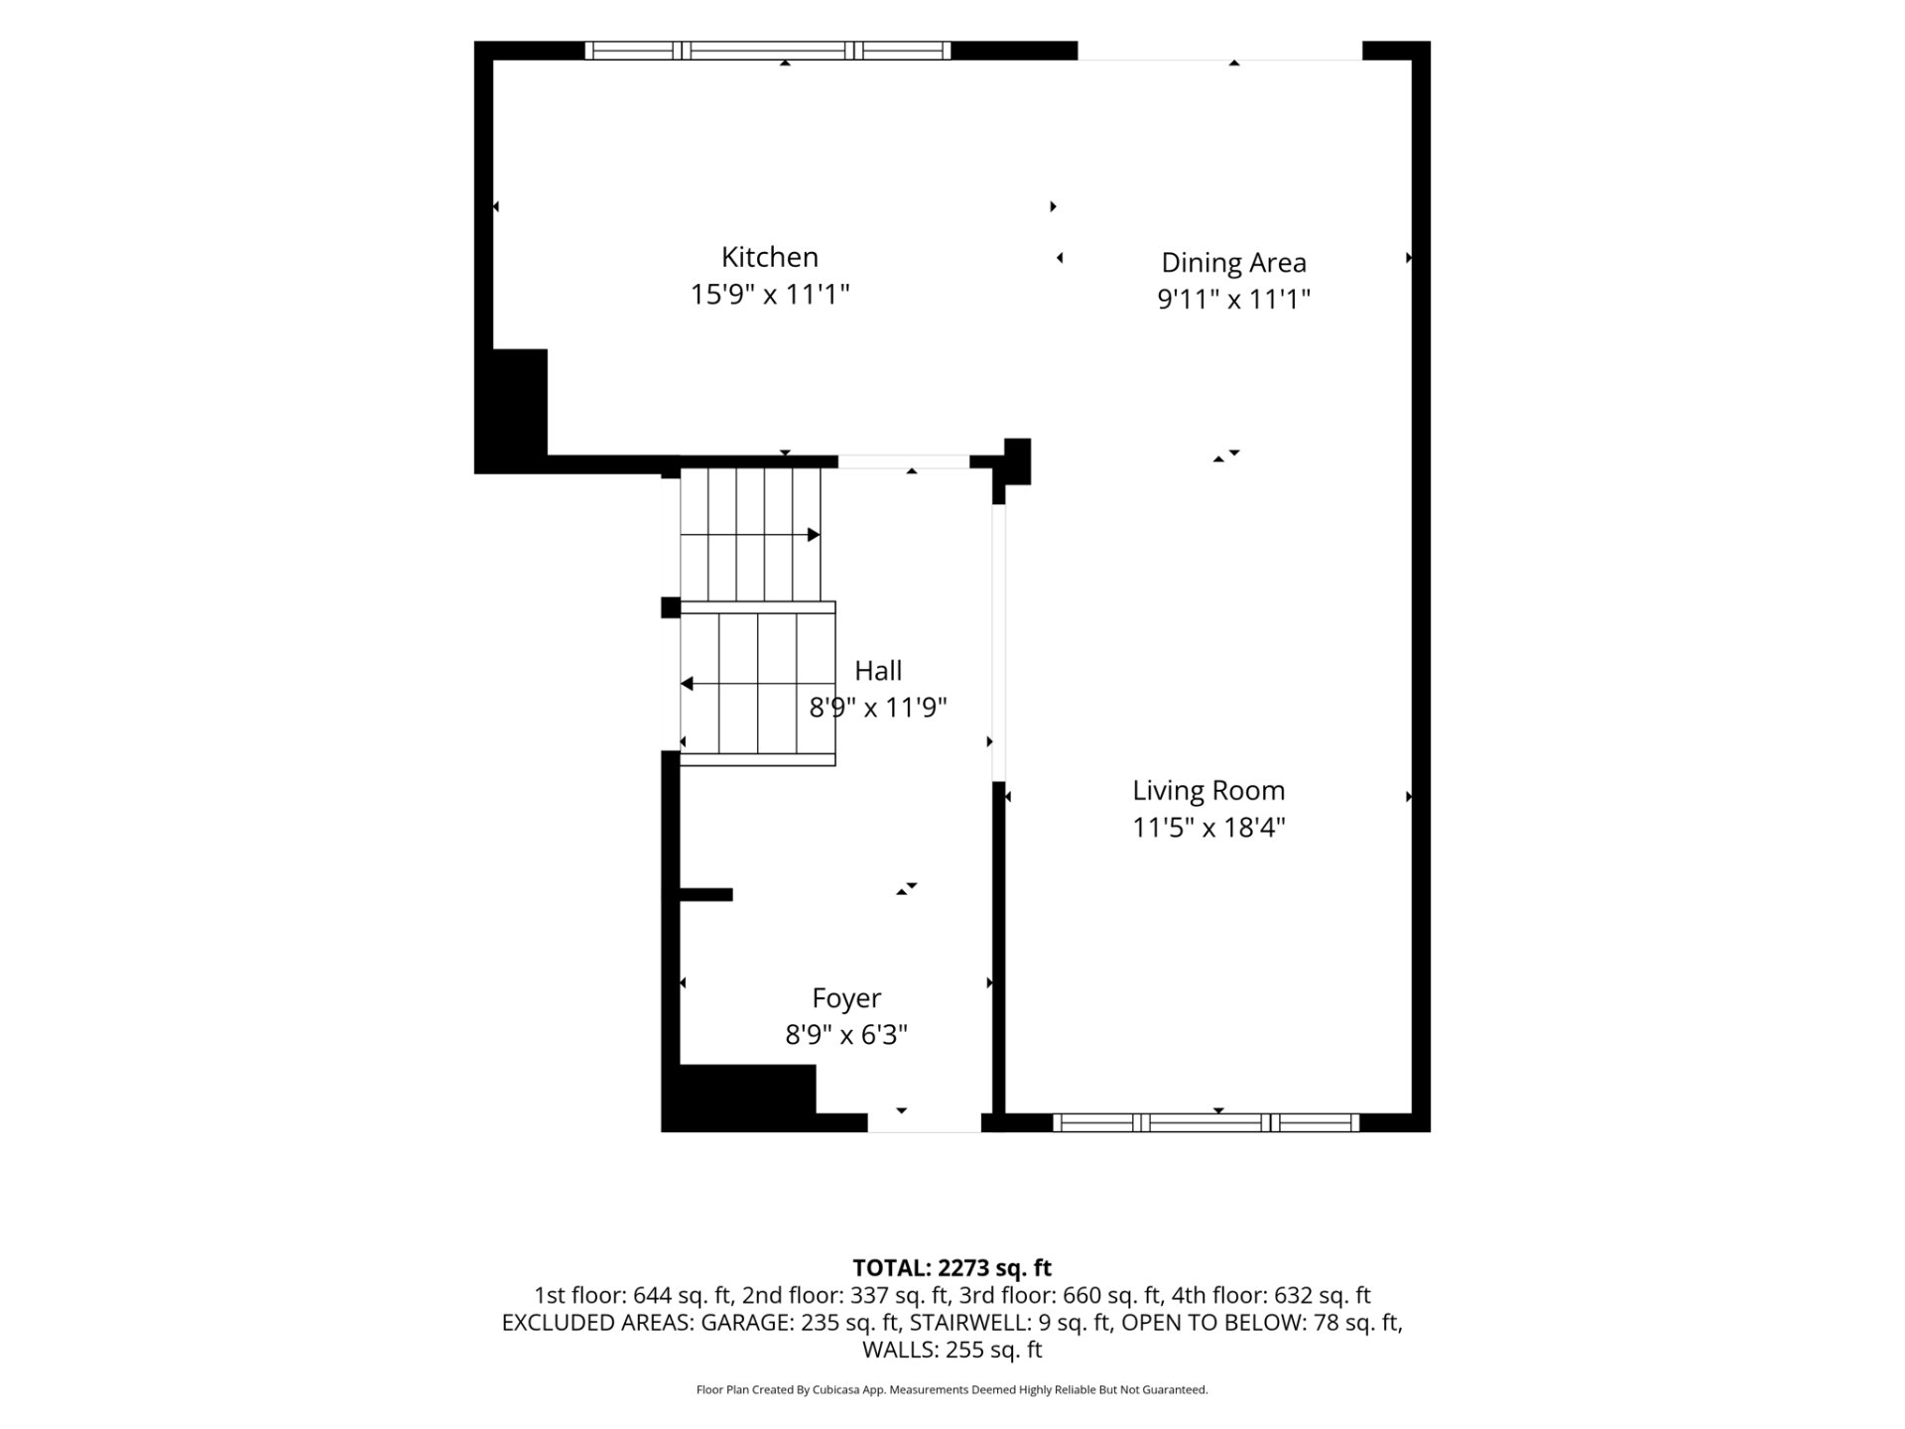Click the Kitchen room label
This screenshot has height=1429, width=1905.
coord(769,257)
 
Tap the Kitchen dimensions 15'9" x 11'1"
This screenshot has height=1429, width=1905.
coord(770,295)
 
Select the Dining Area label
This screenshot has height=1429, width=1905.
coord(1233,263)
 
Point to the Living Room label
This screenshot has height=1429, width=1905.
coord(1208,791)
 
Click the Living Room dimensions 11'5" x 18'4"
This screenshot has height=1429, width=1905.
coord(1208,828)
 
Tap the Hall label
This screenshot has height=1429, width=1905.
coord(878,671)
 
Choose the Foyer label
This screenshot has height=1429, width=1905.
coord(846,998)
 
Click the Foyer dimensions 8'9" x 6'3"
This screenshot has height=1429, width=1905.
coord(846,1035)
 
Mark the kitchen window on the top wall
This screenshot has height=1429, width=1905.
coord(767,51)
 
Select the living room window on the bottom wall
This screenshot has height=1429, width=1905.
coord(1206,1122)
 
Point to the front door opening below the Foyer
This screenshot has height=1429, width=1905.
coord(924,1122)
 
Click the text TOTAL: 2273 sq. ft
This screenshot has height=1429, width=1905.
coord(952,1268)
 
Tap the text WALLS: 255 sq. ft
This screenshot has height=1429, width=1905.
coord(952,1350)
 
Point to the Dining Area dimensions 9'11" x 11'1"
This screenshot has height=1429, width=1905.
coord(1233,300)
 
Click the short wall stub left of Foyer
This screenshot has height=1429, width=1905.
coord(705,894)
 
